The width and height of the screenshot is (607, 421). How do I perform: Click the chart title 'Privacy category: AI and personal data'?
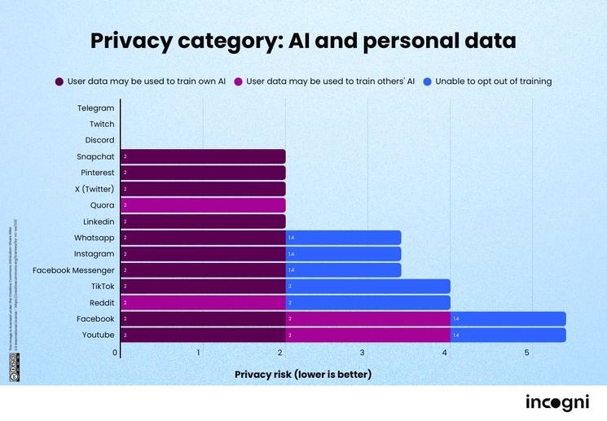[303, 41]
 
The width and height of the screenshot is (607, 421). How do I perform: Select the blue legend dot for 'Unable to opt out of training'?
[427, 81]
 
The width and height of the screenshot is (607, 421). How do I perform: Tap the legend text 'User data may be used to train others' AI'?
[331, 81]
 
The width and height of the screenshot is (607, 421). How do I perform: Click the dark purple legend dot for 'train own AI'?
[59, 81]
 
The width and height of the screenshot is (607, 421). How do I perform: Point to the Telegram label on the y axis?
[96, 108]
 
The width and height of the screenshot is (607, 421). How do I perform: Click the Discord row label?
[99, 140]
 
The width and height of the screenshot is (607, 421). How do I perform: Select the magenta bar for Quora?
[203, 205]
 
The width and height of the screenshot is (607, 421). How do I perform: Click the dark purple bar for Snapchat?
[203, 156]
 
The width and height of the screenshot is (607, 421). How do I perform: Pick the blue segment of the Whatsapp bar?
[343, 238]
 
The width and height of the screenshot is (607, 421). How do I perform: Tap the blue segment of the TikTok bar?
[367, 287]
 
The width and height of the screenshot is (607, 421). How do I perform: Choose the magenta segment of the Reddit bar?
[203, 303]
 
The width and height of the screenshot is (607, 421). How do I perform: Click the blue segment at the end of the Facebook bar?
[508, 318]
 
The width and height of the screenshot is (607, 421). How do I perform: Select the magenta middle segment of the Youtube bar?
[367, 335]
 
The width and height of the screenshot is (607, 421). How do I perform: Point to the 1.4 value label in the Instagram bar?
[291, 254]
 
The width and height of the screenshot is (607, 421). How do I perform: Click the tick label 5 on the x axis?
[527, 353]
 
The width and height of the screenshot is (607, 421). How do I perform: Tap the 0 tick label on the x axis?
[115, 353]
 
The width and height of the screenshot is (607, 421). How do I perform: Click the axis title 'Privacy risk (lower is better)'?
[303, 375]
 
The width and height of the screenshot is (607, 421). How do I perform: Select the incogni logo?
[557, 402]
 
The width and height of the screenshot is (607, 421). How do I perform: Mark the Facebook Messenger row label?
[73, 270]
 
